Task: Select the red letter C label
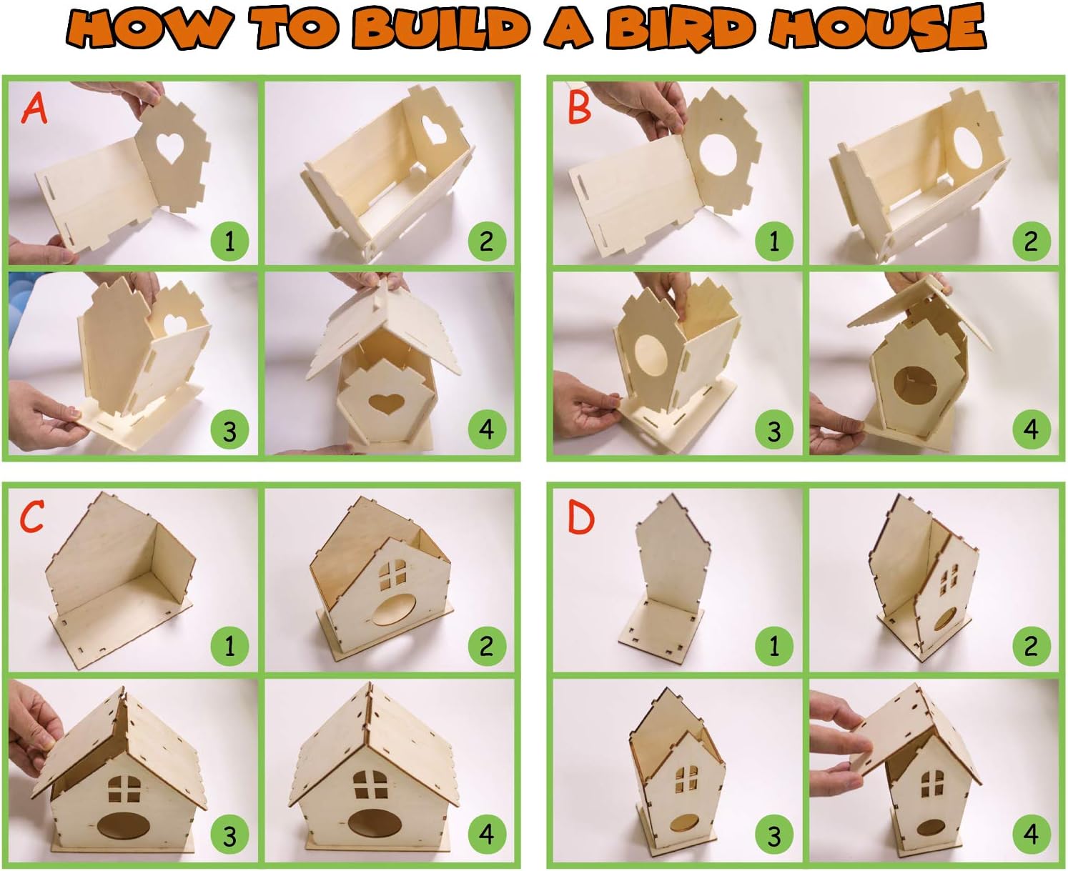(32, 517)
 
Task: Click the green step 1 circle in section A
(229, 241)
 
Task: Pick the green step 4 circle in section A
(487, 429)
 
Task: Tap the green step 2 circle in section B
(1031, 241)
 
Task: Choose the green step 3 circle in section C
(229, 834)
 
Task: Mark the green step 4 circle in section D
(1031, 834)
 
